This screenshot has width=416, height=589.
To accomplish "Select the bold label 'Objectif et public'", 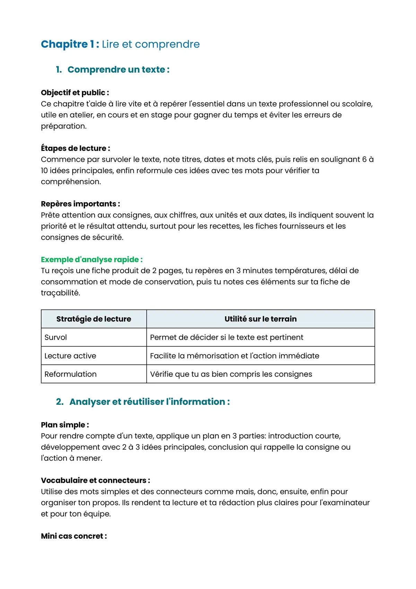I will point(75,93).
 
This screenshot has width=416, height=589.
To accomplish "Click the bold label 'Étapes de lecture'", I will point(75,148).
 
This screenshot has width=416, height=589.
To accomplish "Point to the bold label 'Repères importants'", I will point(80,204).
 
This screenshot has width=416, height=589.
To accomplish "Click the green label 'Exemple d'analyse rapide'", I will point(92,259).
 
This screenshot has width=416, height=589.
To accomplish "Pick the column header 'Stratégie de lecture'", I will point(94,319).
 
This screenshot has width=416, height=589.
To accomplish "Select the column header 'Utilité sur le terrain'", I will point(260,319).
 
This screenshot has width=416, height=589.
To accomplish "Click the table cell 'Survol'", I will point(56,338).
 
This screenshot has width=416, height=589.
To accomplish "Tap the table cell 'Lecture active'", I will point(70,356).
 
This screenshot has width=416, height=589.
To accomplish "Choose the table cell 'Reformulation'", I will point(71,374).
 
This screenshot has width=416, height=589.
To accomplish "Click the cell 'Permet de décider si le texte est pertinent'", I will point(226,338).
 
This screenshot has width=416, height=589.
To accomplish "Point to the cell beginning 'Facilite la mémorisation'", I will point(234,356).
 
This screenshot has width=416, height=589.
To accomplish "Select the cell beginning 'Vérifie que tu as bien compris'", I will point(231,374).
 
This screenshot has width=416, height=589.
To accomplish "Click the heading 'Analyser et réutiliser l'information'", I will point(149,402).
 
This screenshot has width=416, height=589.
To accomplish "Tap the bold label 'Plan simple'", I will point(64,425).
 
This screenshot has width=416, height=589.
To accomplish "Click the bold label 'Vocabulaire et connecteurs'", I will point(95,480).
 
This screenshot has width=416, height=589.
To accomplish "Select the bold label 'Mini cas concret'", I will point(73,536).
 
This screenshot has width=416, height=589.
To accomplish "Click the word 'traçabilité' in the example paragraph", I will point(60,293).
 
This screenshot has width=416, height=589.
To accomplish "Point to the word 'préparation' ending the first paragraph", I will point(63,126).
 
